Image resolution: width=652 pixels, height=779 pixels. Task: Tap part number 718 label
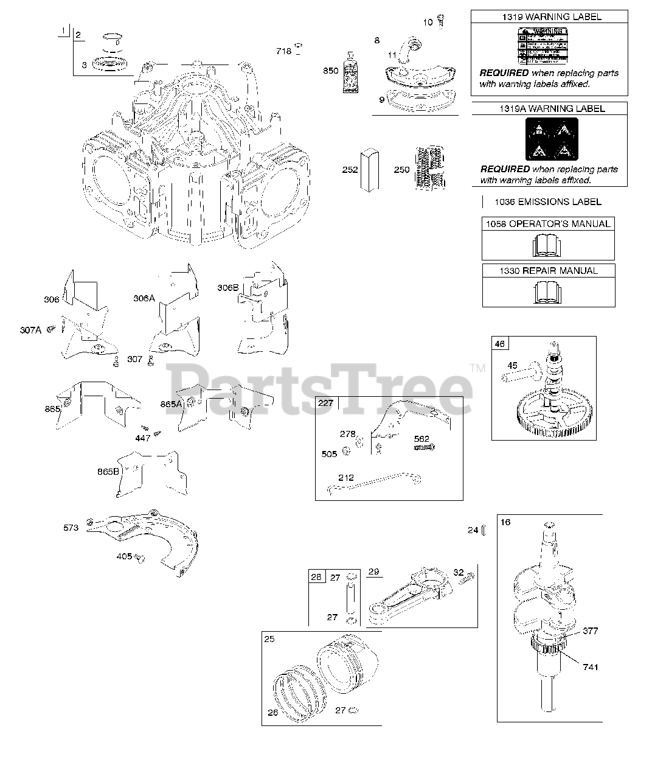(x=283, y=51)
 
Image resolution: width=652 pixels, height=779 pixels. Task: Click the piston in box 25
(x=348, y=663)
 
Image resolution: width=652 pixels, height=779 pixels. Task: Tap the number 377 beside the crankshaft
(x=591, y=631)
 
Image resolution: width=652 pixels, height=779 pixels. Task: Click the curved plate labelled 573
(x=146, y=536)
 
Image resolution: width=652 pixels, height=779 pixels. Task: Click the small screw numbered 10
(x=441, y=23)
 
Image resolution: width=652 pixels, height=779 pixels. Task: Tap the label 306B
(x=228, y=287)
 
